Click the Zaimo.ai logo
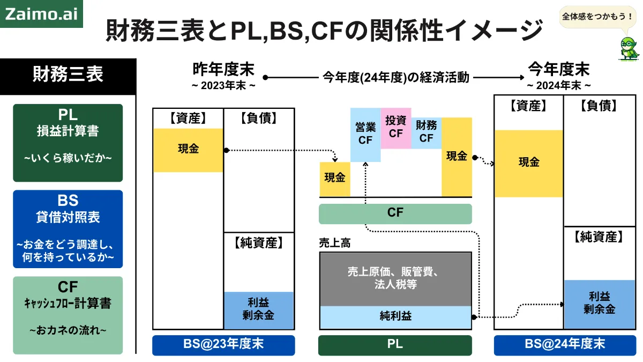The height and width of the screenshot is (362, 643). coord(41,14)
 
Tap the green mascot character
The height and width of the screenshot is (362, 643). coord(629,49)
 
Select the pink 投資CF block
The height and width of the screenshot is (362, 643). coord(396,128)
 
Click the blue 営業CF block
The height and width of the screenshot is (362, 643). coord(365,135)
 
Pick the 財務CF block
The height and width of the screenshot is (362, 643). coord(427,133)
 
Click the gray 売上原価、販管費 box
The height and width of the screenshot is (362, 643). coord(395,279)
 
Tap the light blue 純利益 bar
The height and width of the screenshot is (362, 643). coord(395,317)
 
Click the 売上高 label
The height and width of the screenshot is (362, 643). coord(335,243)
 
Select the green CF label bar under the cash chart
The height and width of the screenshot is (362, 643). coord(395,213)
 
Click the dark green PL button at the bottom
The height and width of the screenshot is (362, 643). coord(395,345)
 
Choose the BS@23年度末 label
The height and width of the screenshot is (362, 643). coord(223,345)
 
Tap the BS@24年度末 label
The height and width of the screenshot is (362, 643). coord(565,345)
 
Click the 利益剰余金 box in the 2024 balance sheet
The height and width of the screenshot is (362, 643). coord(600,304)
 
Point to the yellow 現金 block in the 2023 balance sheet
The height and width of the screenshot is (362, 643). coord(188,150)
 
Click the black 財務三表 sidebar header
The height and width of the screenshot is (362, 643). coord(68,76)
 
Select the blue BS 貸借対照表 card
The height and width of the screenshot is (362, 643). coord(68,229)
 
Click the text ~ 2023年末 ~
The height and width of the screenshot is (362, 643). coord(223,86)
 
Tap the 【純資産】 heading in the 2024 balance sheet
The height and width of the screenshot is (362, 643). coord(599,237)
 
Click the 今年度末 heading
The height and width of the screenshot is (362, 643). coord(558,70)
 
